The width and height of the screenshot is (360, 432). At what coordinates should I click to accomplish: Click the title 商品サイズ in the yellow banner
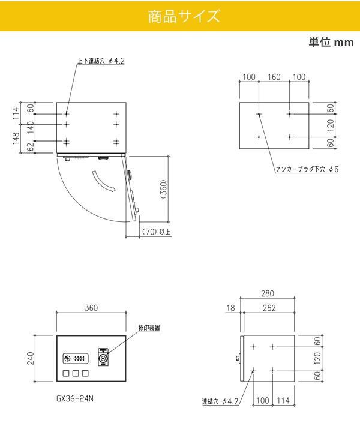(x=184, y=16)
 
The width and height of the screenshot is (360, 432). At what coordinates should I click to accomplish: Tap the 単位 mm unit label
(x=331, y=43)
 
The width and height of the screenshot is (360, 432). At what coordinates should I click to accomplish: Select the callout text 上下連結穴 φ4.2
(x=101, y=61)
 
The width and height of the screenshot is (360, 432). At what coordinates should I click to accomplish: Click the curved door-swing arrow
(x=103, y=182)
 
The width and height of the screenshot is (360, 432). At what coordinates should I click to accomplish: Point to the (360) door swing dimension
(x=163, y=189)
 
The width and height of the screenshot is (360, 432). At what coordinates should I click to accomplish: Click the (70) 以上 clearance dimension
(x=156, y=232)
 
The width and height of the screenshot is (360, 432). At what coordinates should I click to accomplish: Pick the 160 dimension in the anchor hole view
(x=274, y=77)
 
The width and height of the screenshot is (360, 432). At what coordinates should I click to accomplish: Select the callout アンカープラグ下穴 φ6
(x=307, y=169)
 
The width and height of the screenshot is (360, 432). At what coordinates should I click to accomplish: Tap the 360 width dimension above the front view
(x=91, y=308)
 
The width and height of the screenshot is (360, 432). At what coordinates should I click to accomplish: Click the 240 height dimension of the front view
(x=30, y=358)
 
